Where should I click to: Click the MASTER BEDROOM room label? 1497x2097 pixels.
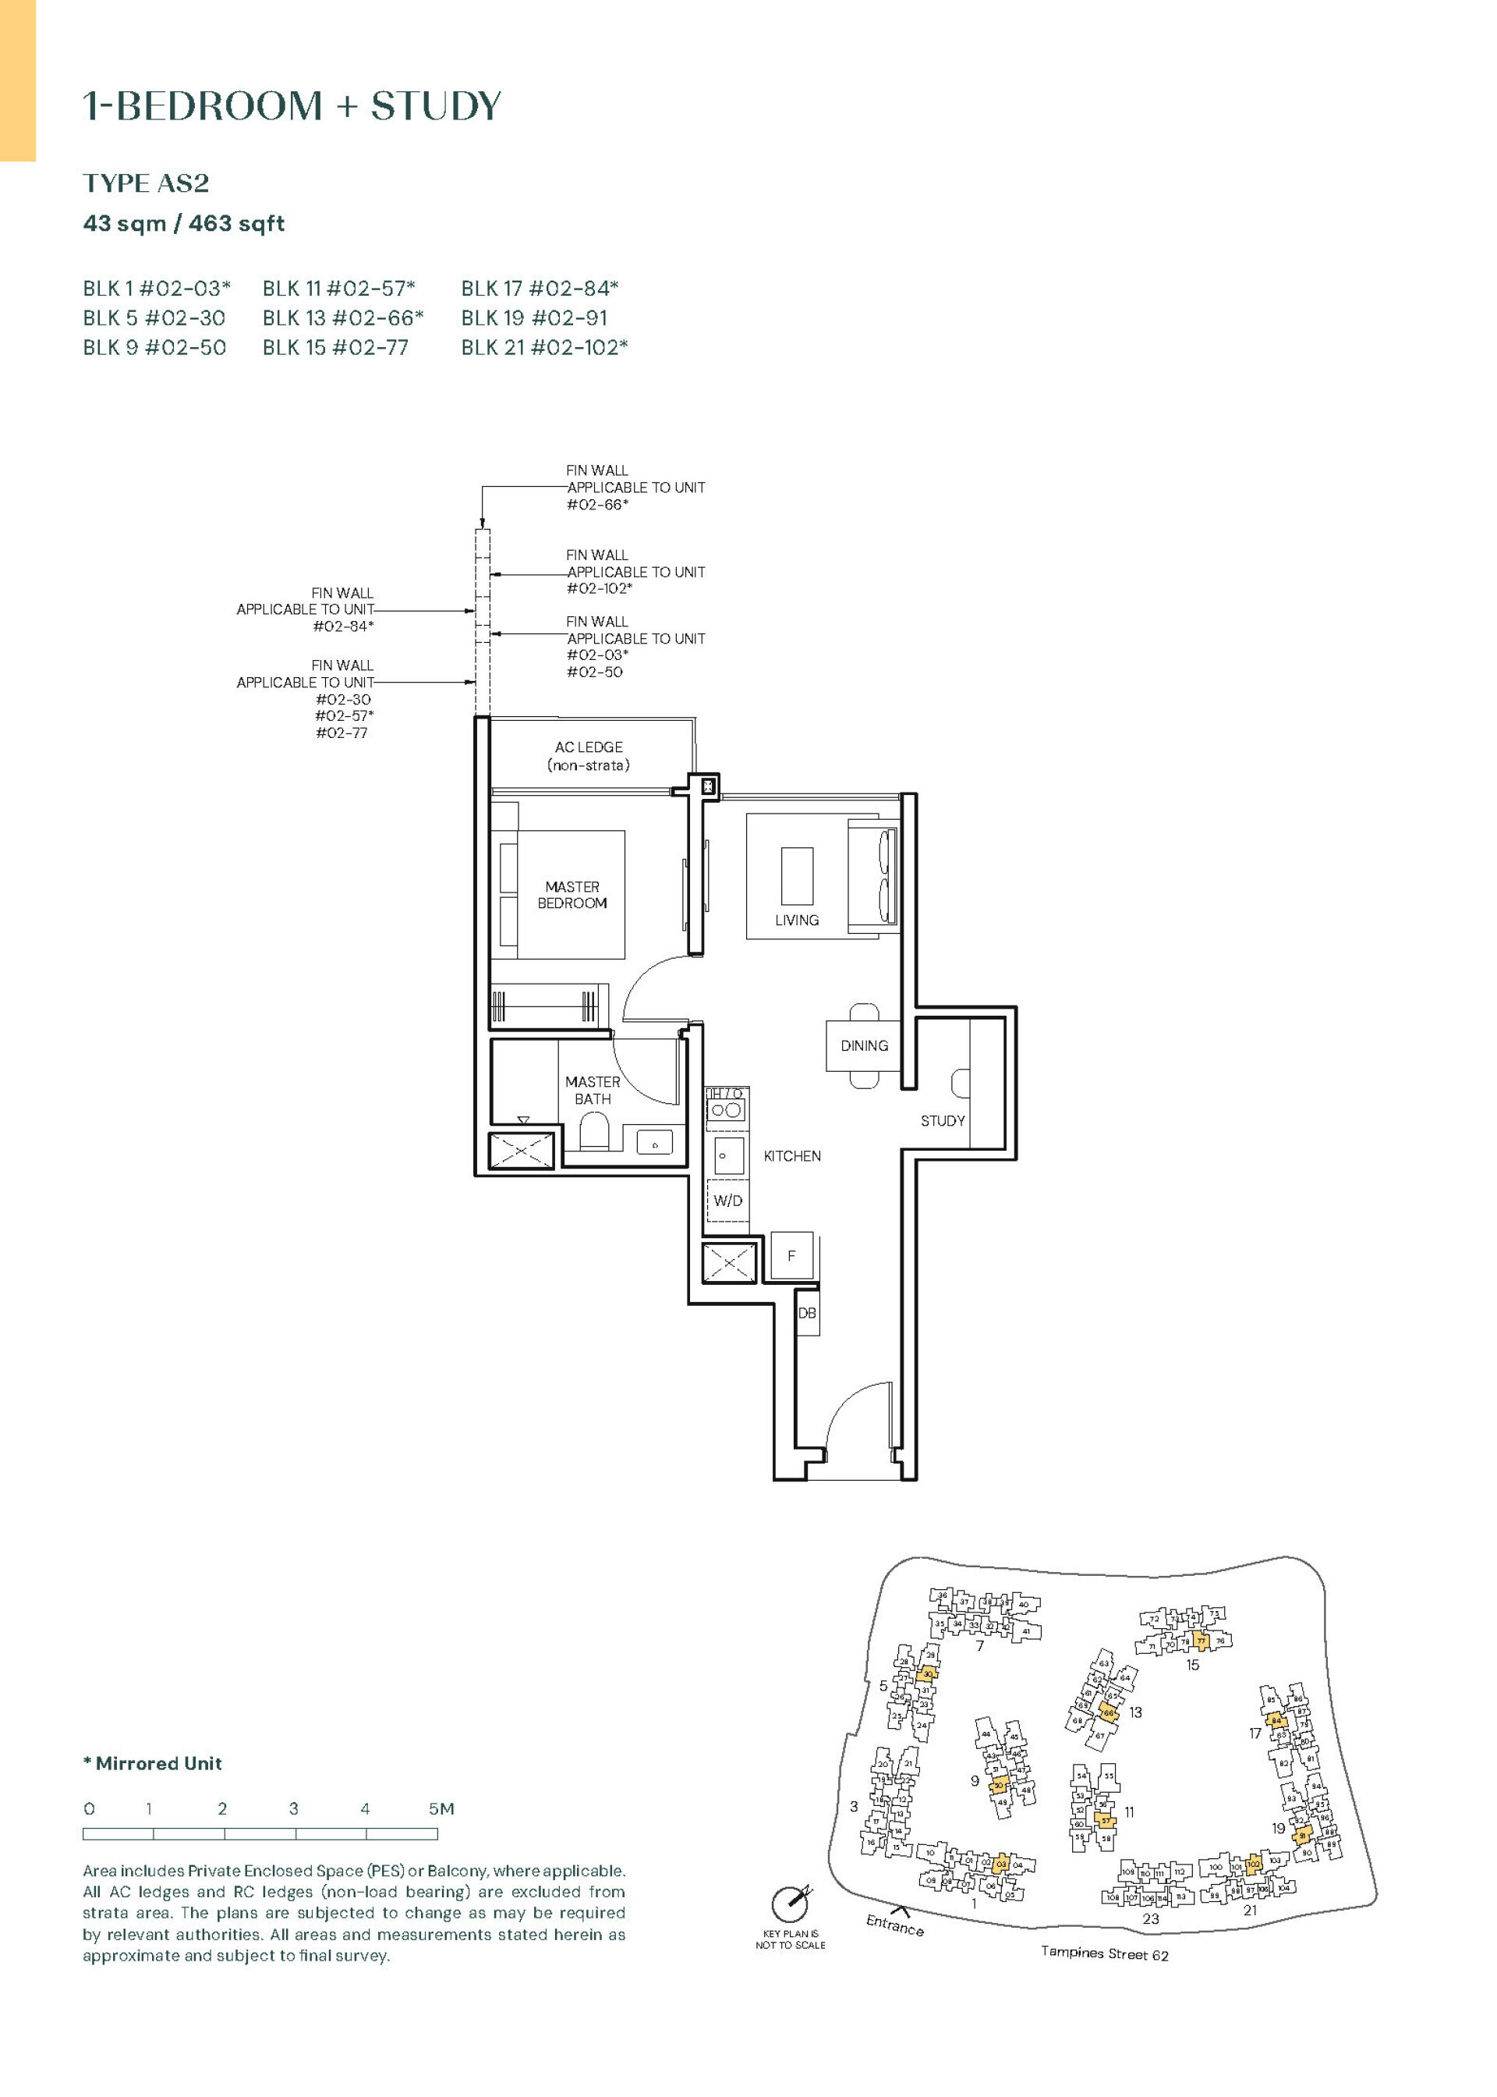click(572, 895)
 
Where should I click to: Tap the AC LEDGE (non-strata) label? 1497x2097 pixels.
click(588, 755)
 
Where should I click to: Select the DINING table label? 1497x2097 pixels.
click(864, 1045)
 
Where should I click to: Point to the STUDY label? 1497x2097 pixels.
click(942, 1120)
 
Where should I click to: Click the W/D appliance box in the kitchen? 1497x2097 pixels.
click(727, 1201)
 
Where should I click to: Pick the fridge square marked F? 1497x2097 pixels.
click(791, 1255)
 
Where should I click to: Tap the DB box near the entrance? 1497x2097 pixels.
click(806, 1313)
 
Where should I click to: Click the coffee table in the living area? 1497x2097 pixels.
click(796, 875)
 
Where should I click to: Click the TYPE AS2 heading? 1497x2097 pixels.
click(146, 183)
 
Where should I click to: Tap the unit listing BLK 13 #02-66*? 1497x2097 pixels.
click(342, 318)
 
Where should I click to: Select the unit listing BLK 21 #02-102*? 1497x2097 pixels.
click(544, 348)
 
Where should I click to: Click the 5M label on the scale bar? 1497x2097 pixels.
click(441, 1808)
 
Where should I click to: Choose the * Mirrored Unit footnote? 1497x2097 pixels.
click(152, 1763)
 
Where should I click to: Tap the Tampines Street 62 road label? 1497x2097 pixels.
click(1103, 1953)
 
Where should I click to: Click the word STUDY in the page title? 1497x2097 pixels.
click(436, 106)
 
